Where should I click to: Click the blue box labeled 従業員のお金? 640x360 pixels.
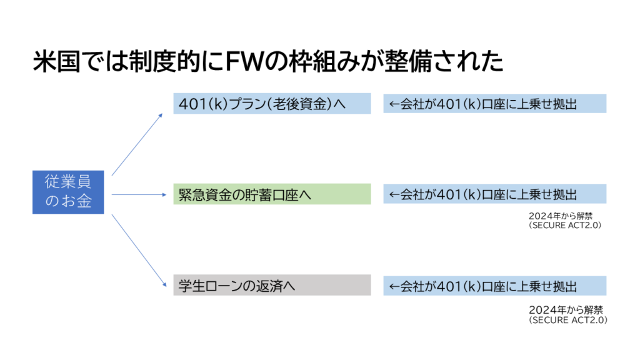coord(67,192)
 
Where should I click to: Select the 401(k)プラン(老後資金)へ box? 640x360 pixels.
coord(272,104)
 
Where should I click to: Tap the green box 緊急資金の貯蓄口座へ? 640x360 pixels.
coord(272,194)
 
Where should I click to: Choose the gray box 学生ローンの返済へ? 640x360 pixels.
coord(272,286)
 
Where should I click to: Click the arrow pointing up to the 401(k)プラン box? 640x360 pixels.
coord(136,145)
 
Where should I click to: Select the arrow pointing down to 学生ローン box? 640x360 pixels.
coord(136,245)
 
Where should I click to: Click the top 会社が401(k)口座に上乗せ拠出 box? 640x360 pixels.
coord(494,104)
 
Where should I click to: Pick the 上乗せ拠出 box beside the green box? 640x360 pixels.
coord(494,194)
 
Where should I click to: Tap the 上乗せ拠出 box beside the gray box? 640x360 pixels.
coord(494,286)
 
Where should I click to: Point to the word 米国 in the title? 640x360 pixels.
coord(55,62)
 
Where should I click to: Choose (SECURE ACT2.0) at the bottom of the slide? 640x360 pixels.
coord(567,319)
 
